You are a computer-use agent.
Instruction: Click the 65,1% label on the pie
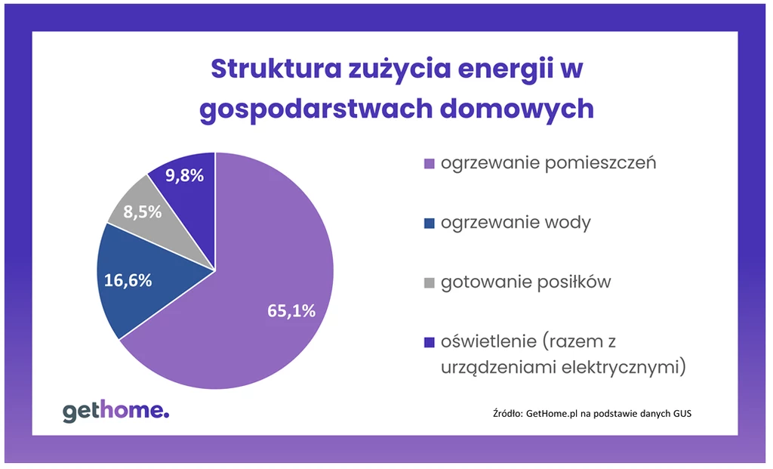click(x=291, y=310)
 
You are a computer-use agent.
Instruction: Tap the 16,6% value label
click(x=128, y=281)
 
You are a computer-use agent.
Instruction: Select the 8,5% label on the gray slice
click(x=143, y=212)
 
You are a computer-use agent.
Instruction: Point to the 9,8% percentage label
click(x=184, y=175)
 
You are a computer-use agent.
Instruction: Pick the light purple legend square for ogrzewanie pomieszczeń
click(x=430, y=164)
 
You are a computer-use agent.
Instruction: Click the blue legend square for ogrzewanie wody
click(x=430, y=224)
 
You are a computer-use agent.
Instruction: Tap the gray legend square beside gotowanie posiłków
click(x=430, y=283)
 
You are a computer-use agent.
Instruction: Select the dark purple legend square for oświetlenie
click(x=430, y=342)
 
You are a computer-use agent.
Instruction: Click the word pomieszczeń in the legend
click(x=600, y=163)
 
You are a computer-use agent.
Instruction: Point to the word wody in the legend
click(x=568, y=223)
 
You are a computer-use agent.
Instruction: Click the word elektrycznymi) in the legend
click(x=624, y=367)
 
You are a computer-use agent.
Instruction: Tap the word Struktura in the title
click(x=276, y=69)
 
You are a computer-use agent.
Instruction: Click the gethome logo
click(x=115, y=412)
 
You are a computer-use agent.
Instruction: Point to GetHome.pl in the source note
click(x=552, y=414)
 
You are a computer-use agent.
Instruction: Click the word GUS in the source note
click(x=682, y=413)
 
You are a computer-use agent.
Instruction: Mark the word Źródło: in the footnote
click(x=508, y=413)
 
